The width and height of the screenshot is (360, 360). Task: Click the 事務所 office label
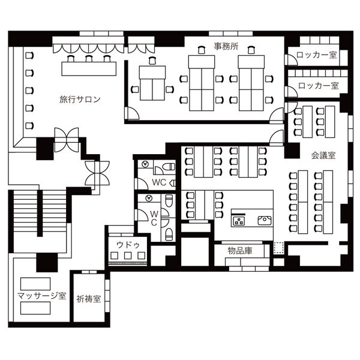tap(226, 46)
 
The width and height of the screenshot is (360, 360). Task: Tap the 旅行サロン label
tap(80, 100)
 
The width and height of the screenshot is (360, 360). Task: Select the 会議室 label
tap(323, 155)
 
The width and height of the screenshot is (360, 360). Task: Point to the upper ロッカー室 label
tap(317, 55)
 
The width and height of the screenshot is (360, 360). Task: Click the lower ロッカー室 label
tap(318, 86)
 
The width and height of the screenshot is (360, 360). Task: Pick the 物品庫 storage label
tap(240, 250)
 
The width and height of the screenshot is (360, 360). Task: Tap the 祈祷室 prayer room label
tap(89, 299)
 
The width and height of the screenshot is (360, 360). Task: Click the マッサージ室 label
tap(41, 295)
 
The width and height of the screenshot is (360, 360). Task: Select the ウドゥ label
tap(128, 245)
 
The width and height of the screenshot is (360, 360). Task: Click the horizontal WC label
tap(159, 182)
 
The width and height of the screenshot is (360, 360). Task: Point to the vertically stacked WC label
tap(154, 218)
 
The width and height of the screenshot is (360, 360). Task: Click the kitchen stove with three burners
tap(239, 221)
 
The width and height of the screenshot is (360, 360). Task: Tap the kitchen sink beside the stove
tap(265, 220)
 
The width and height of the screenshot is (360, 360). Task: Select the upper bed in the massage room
tap(35, 284)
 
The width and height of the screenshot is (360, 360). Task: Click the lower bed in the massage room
tap(35, 308)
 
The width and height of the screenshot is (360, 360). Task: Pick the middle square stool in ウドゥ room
tap(128, 256)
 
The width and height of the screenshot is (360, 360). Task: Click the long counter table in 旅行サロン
tap(89, 68)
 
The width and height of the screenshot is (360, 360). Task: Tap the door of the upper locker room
tap(290, 59)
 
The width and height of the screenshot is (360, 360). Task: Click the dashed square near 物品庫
tap(279, 248)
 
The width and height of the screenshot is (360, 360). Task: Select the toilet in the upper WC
tap(169, 166)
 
